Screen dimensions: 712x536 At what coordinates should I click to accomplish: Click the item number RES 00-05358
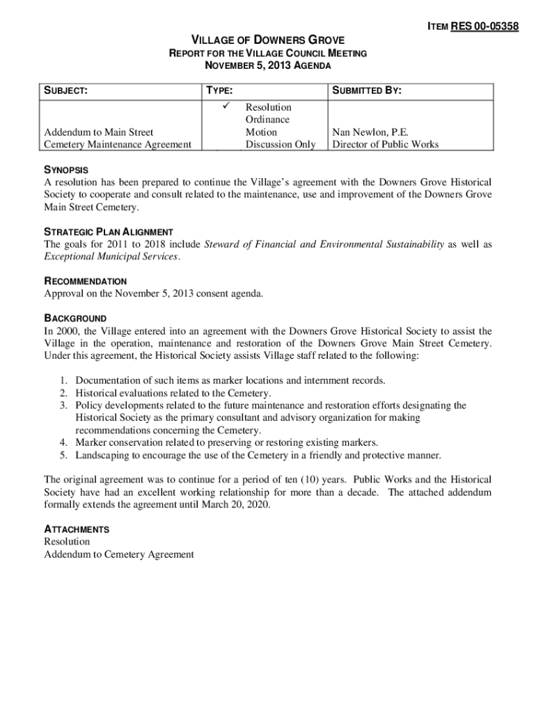484,27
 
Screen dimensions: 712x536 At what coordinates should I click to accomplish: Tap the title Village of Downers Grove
268,40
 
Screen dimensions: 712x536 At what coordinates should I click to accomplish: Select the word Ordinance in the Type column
268,120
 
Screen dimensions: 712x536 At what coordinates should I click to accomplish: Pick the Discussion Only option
280,145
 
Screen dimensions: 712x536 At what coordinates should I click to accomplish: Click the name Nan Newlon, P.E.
370,132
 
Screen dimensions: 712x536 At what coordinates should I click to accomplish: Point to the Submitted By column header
367,91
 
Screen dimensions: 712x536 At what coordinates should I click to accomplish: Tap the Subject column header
65,91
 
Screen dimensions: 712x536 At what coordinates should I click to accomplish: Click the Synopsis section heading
66,170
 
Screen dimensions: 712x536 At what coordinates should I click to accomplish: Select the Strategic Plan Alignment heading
109,232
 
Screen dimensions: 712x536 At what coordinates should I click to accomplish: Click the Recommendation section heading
86,281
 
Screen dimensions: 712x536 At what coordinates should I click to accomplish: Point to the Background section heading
75,318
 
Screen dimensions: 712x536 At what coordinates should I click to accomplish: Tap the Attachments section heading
77,529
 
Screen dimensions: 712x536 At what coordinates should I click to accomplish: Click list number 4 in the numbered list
63,443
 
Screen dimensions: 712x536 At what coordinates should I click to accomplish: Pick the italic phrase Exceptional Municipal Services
111,257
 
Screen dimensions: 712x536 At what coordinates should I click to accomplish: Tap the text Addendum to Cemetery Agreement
119,554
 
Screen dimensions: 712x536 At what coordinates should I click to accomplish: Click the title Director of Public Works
385,145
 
